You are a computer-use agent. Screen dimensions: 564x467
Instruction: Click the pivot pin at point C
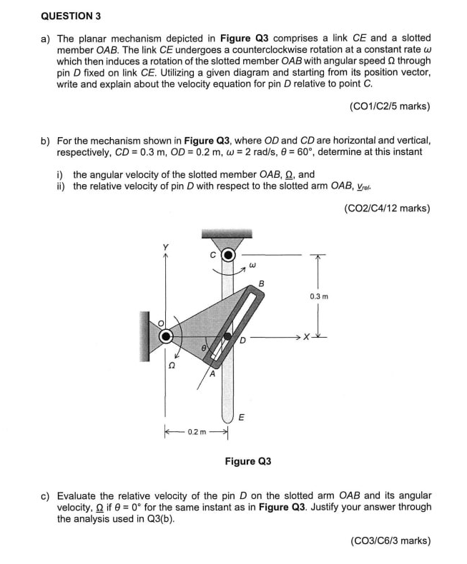[228, 254]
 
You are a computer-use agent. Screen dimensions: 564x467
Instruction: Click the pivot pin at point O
[166, 335]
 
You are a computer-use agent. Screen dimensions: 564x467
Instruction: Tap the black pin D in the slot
[227, 335]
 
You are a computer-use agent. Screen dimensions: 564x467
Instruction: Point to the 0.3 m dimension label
[319, 295]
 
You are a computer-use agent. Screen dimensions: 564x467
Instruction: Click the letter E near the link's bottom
[240, 418]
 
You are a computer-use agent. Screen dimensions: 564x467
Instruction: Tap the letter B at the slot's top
[260, 283]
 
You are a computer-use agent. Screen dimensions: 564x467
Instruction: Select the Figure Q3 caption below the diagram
[247, 461]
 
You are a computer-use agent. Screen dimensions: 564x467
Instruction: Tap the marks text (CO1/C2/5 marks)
[390, 106]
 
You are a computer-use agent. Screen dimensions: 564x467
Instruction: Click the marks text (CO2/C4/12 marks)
[387, 208]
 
